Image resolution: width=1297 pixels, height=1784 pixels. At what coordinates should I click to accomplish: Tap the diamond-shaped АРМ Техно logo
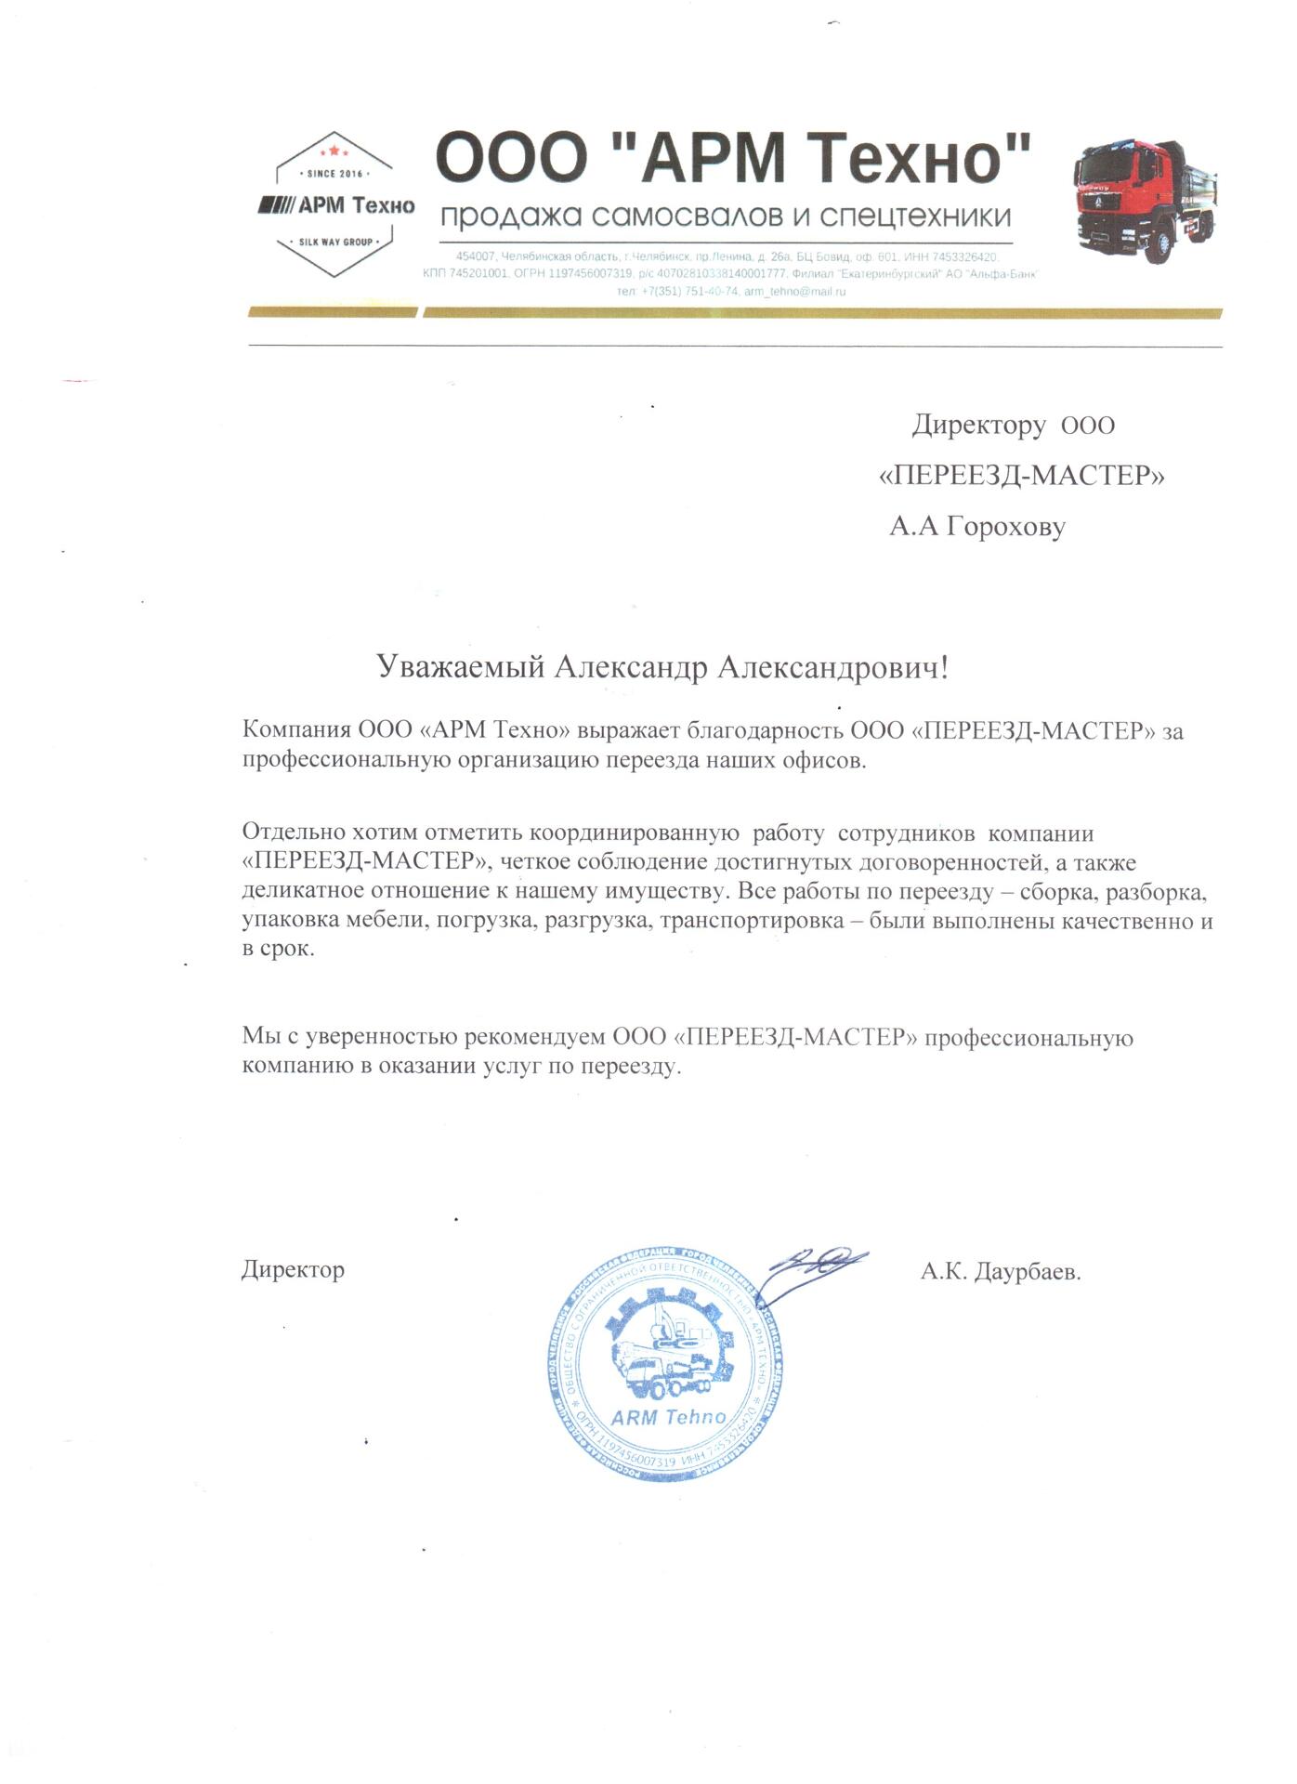pos(335,205)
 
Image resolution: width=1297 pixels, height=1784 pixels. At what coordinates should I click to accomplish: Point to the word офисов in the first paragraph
pos(832,760)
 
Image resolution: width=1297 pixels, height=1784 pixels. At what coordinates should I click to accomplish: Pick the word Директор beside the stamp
pos(293,1269)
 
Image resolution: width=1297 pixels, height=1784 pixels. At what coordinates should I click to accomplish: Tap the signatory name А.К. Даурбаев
pos(1001,1272)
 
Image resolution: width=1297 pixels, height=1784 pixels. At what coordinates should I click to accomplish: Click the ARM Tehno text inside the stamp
pos(668,1418)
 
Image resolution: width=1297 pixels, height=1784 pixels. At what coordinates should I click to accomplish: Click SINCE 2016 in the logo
pos(334,174)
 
